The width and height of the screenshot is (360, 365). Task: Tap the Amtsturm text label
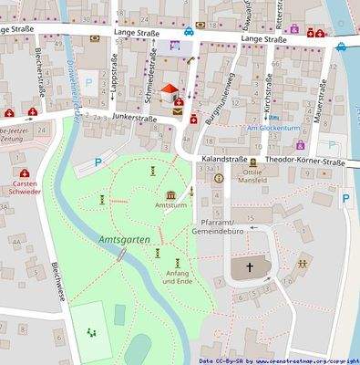tap(171, 206)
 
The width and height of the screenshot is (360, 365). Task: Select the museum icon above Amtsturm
tap(171, 194)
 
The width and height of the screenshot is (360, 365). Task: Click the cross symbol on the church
tap(248, 268)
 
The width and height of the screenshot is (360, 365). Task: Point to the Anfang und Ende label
tap(179, 277)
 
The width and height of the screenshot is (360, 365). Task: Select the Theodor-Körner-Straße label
tap(307, 162)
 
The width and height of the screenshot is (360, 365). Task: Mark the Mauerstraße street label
tap(319, 106)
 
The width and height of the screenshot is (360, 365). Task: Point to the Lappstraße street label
tap(113, 90)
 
